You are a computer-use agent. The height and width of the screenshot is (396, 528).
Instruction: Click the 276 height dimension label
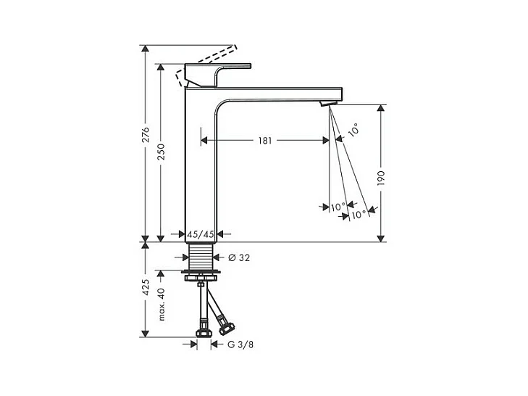[x=145, y=135]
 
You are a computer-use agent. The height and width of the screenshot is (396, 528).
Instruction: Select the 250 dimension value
[x=162, y=152]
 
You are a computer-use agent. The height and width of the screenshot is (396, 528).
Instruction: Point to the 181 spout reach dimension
[x=265, y=141]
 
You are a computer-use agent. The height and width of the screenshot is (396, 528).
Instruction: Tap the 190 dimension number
[x=380, y=178]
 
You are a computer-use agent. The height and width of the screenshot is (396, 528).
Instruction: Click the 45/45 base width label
[x=201, y=234]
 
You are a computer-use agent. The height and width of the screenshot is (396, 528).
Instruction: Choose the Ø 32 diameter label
[x=239, y=257]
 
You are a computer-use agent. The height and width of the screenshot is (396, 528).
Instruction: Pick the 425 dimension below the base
[x=145, y=287]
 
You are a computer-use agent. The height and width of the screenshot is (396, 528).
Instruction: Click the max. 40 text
[x=162, y=304]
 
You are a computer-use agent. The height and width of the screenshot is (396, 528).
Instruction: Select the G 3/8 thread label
[x=240, y=345]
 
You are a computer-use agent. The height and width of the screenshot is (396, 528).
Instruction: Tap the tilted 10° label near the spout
[x=353, y=130]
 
